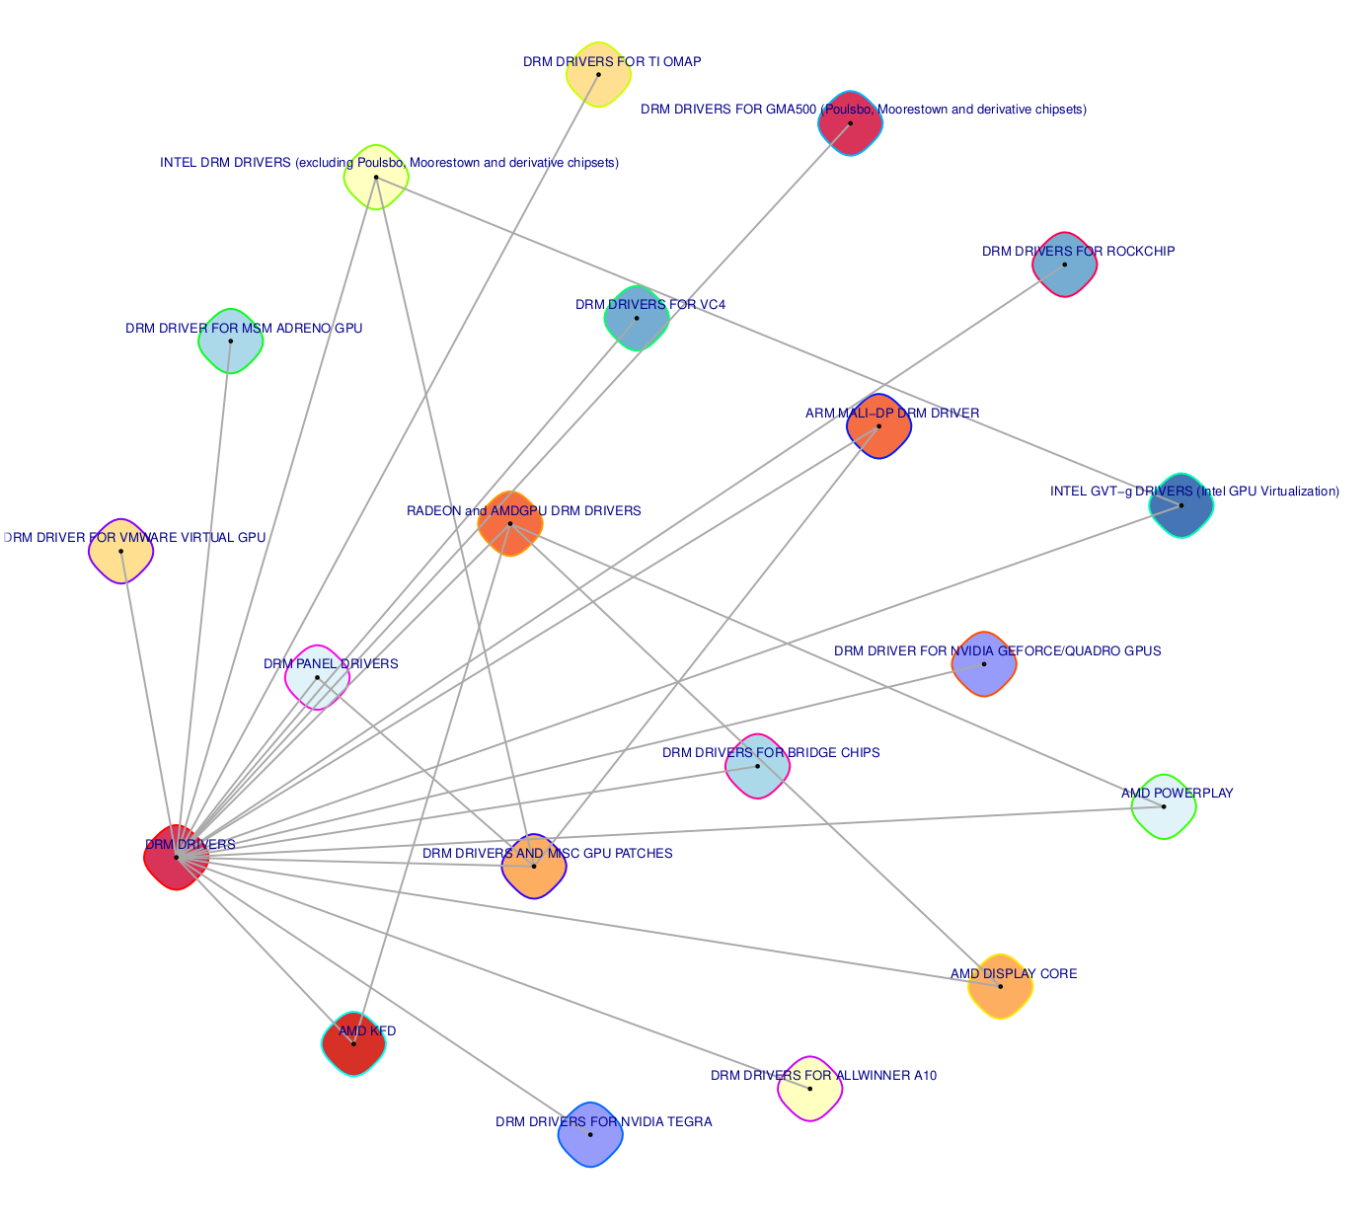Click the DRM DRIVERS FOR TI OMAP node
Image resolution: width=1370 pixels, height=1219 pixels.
click(598, 75)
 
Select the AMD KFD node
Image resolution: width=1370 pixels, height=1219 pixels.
click(353, 1044)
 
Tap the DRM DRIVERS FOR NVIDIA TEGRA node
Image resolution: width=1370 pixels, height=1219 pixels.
click(590, 1135)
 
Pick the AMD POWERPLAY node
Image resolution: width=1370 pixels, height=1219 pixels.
click(1164, 806)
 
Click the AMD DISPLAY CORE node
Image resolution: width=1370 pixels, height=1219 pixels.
click(1000, 987)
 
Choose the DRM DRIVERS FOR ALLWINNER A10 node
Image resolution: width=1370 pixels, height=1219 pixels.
click(809, 1089)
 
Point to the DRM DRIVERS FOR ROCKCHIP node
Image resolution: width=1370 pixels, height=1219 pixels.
click(1065, 265)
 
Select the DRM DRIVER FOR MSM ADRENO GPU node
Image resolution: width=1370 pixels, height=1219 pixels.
click(231, 342)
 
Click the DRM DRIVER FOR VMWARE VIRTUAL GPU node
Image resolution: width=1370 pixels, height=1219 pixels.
click(121, 551)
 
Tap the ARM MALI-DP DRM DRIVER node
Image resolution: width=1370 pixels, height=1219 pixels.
click(878, 426)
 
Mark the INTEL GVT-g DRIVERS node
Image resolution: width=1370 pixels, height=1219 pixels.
click(1180, 505)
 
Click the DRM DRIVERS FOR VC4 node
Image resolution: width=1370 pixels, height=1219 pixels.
click(637, 318)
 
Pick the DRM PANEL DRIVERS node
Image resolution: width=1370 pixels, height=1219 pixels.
click(317, 677)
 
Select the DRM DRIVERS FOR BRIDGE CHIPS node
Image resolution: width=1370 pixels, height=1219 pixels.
click(757, 766)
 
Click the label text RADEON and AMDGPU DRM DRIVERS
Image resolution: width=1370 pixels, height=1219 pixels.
click(523, 511)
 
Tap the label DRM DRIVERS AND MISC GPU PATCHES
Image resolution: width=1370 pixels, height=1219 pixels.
click(547, 854)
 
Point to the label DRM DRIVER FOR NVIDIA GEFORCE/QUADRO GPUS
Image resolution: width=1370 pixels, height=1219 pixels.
click(997, 651)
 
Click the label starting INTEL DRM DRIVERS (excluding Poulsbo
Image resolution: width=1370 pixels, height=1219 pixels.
click(389, 163)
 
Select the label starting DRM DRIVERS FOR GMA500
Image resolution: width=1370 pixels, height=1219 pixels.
click(863, 110)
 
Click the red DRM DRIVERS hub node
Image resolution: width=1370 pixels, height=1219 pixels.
click(177, 857)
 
